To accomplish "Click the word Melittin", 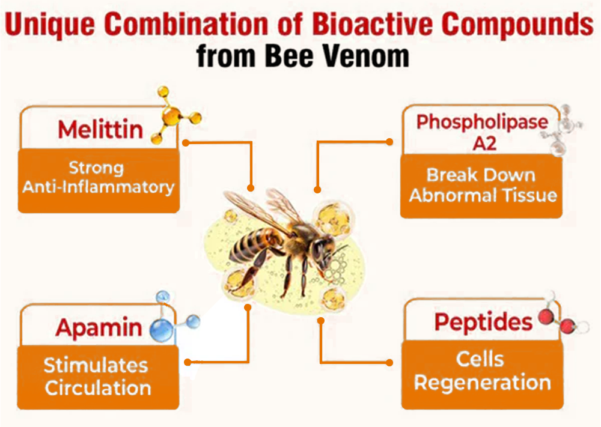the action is tap(100, 130).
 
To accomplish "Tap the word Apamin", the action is tap(99, 328).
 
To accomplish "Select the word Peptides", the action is tap(483, 323).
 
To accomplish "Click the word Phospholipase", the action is tap(482, 123).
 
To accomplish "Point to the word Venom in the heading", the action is tap(365, 56).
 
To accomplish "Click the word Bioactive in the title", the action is tap(373, 24).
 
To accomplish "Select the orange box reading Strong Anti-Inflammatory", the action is tap(99, 180).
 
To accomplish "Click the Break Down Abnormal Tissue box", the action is tap(481, 186).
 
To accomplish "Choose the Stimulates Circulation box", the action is tap(98, 377).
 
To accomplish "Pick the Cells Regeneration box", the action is tap(483, 375).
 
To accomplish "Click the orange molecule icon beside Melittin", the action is tap(175, 115).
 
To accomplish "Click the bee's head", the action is tap(322, 248).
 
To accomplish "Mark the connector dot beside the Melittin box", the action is tap(186, 143).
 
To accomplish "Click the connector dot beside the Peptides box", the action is tap(389, 362).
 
